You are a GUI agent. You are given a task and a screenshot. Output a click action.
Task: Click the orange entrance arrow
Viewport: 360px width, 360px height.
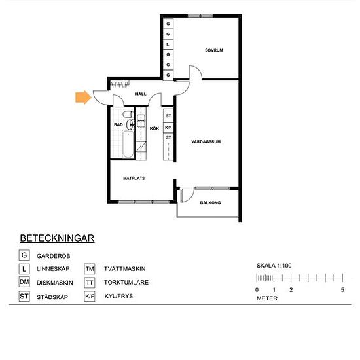(82, 98)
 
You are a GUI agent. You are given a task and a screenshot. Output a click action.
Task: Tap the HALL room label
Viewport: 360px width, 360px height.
(141, 94)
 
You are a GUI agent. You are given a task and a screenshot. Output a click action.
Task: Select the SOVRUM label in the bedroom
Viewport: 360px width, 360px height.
(214, 50)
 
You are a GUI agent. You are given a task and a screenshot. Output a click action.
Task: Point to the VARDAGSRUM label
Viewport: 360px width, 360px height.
(204, 141)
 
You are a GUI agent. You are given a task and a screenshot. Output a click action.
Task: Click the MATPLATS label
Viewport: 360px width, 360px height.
(134, 178)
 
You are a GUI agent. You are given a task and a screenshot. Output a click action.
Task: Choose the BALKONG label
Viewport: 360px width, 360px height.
(210, 203)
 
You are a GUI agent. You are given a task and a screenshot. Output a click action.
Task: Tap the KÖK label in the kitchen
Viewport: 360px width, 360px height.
(154, 128)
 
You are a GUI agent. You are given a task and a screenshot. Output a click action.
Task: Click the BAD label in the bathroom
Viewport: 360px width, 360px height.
(118, 124)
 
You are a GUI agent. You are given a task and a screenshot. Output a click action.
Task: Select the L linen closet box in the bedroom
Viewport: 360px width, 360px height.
(168, 45)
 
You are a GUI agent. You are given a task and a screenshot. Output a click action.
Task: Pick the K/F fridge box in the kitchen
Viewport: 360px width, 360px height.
(168, 128)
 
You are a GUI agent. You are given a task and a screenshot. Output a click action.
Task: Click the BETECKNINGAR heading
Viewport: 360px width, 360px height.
(57, 238)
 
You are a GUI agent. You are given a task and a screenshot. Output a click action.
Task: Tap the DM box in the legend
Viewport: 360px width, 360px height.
(24, 282)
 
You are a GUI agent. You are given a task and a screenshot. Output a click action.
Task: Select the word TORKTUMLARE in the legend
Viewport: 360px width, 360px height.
(126, 283)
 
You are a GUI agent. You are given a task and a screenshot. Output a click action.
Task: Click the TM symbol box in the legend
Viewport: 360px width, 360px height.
(90, 269)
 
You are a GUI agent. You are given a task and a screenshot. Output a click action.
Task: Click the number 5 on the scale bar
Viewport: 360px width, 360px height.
(342, 289)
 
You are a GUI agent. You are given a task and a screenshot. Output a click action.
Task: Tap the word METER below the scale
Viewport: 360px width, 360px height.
(267, 298)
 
